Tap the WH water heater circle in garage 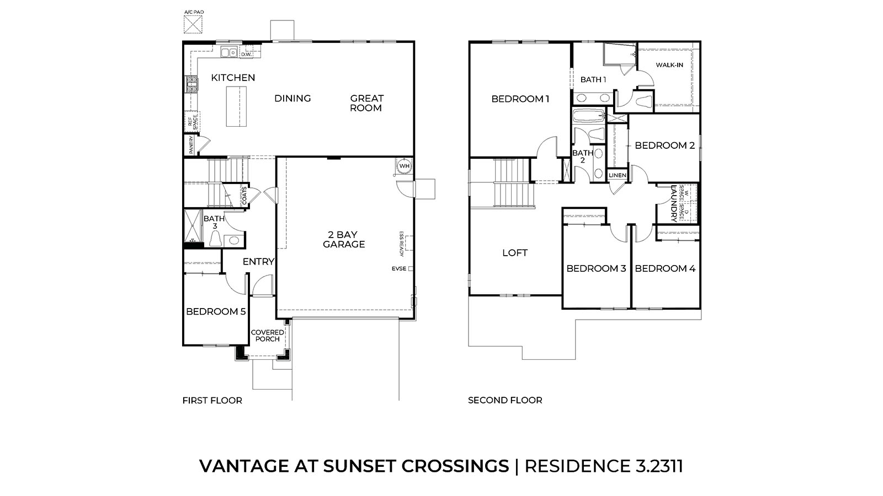click(405, 166)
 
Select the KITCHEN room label click(233, 78)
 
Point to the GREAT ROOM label click(366, 103)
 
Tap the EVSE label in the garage click(399, 269)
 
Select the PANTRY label click(191, 145)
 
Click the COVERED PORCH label click(268, 336)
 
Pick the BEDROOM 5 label click(216, 311)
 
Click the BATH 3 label click(214, 222)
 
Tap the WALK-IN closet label click(669, 65)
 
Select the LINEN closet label click(618, 175)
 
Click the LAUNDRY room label click(674, 203)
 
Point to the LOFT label click(515, 253)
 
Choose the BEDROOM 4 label click(665, 268)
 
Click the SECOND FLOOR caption click(505, 400)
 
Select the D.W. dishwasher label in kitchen click(246, 54)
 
